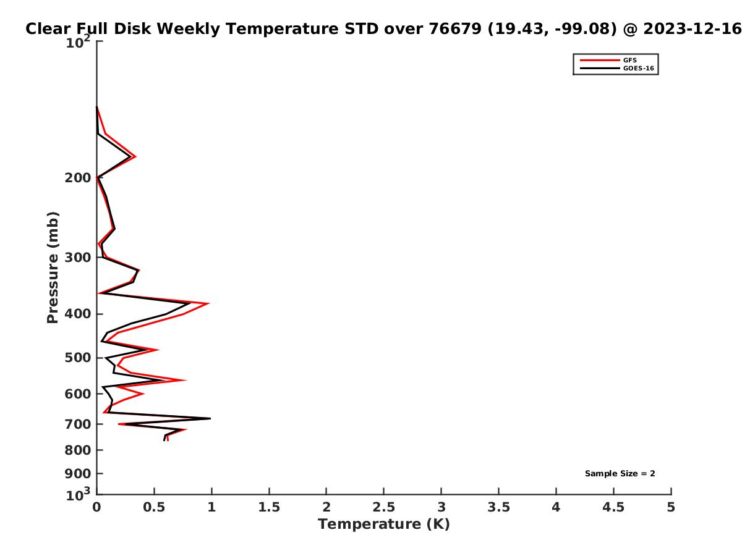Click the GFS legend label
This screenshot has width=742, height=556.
click(x=629, y=60)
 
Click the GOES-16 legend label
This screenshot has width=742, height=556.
click(x=638, y=68)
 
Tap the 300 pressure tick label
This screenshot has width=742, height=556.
click(x=78, y=258)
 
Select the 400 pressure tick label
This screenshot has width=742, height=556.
click(x=78, y=314)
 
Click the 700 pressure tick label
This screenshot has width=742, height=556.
click(x=78, y=424)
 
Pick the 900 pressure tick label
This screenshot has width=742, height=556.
click(x=78, y=474)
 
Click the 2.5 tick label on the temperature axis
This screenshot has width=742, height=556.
click(x=384, y=507)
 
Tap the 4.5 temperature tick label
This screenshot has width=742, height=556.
click(x=613, y=507)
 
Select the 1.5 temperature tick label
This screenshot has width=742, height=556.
click(x=269, y=507)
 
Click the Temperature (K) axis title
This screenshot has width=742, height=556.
click(x=384, y=524)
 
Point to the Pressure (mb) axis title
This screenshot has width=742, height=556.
click(x=53, y=267)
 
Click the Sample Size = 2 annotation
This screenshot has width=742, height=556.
click(x=620, y=474)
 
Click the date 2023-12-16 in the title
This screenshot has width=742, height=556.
click(x=693, y=29)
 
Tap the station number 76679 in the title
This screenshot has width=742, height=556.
click(x=455, y=29)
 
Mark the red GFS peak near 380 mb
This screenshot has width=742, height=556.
click(x=209, y=303)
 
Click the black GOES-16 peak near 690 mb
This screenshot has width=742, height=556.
click(x=210, y=419)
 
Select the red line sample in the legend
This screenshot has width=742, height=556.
click(x=600, y=60)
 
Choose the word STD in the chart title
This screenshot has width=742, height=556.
click(x=362, y=29)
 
